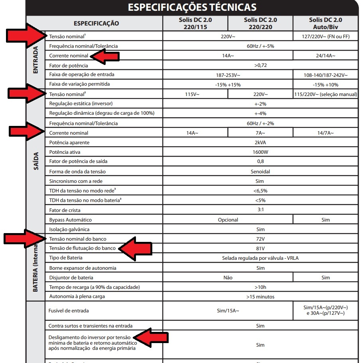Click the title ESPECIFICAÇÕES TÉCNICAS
click(192, 7)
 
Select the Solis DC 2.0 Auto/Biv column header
click(325, 23)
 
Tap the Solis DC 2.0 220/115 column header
click(195, 23)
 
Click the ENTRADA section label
click(35, 60)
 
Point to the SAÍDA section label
click(36, 161)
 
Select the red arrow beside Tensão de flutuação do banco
click(136, 249)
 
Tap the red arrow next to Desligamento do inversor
click(150, 338)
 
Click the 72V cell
click(260, 239)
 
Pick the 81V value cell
click(260, 248)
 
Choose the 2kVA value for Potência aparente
click(260, 142)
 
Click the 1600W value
click(260, 152)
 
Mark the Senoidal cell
click(260, 171)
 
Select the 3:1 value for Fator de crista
click(260, 210)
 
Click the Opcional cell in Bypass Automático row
click(228, 220)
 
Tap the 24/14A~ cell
click(325, 56)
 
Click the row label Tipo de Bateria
click(66, 258)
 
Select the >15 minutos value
click(260, 296)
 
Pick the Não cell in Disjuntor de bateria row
click(228, 277)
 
